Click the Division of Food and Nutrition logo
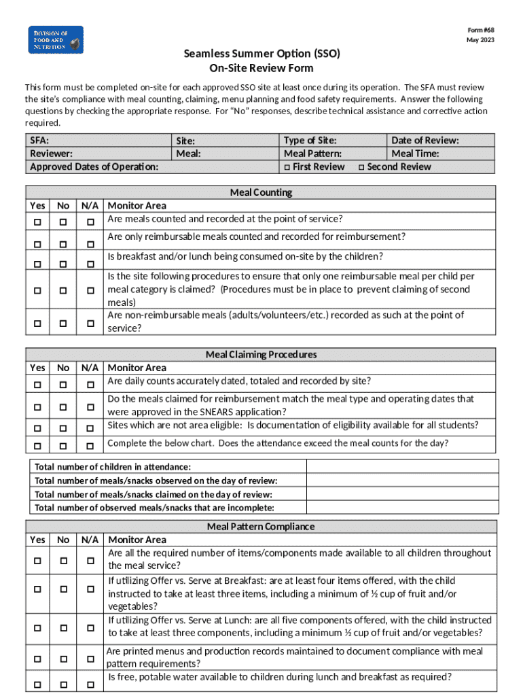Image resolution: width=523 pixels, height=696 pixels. [x=56, y=40]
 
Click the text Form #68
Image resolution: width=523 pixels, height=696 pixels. [x=480, y=30]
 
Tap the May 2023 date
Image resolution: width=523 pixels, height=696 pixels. [x=480, y=40]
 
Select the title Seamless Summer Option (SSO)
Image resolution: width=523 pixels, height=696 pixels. [x=261, y=54]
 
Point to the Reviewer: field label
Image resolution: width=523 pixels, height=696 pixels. [x=51, y=154]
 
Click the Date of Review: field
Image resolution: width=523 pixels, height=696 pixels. [x=425, y=140]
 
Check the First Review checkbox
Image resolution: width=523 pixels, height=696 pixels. [x=288, y=167]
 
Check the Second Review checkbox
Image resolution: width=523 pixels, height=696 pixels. [x=362, y=167]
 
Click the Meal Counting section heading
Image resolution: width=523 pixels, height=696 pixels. [x=261, y=192]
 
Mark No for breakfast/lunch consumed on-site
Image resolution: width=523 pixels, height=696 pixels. [x=63, y=263]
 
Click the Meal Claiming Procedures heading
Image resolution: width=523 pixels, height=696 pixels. [x=261, y=355]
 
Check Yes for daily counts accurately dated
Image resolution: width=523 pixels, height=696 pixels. [x=37, y=385]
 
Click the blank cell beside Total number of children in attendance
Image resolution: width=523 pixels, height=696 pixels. [x=402, y=467]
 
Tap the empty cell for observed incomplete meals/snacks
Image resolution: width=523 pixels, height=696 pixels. [x=402, y=508]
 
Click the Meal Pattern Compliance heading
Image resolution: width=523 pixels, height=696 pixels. [x=261, y=527]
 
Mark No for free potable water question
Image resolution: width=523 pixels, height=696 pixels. [x=63, y=683]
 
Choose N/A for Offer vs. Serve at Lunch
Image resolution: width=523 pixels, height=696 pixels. [x=90, y=627]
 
